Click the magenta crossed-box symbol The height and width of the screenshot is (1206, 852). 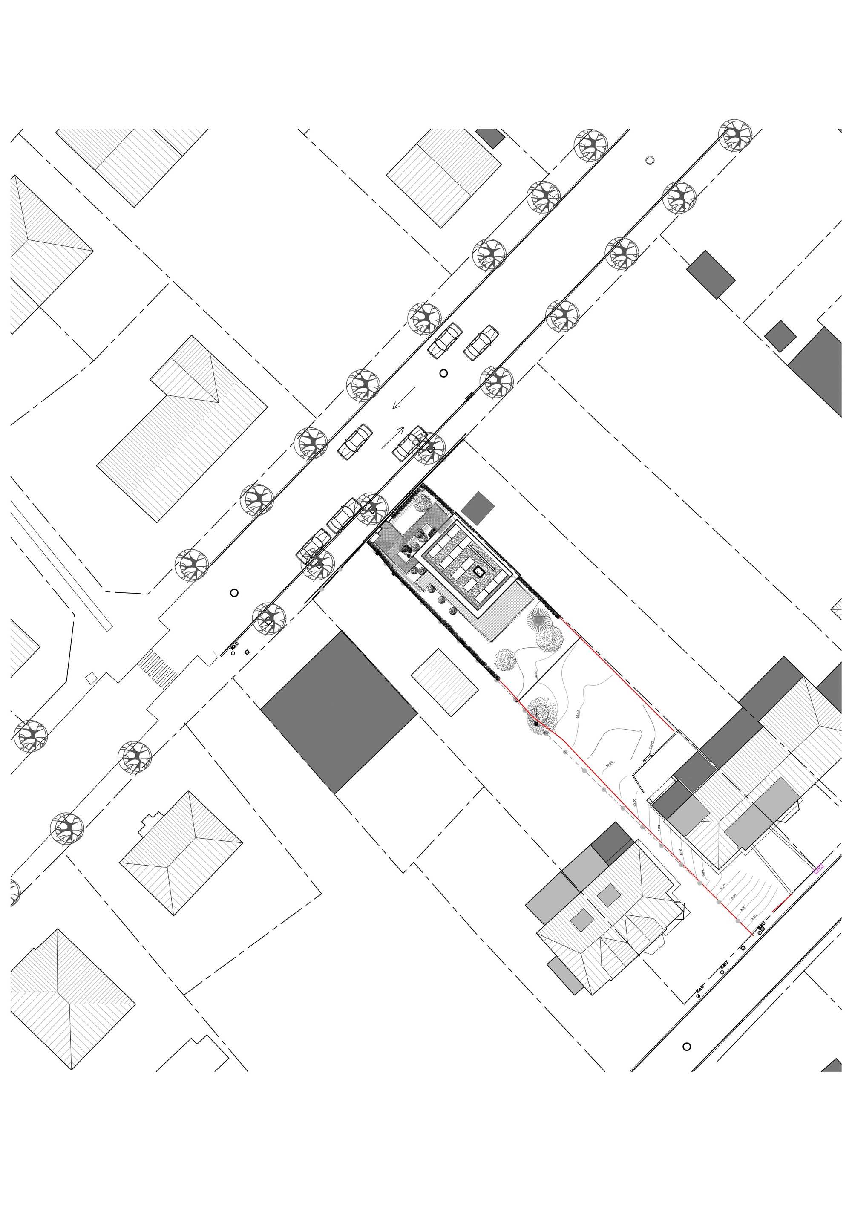click(818, 869)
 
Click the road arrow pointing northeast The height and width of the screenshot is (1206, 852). click(393, 438)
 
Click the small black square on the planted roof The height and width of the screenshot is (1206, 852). click(478, 571)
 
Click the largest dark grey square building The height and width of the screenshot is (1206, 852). click(339, 712)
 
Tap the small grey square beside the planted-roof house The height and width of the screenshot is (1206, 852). click(478, 508)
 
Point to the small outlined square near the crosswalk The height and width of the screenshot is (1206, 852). click(91, 678)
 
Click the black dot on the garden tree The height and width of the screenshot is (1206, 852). click(536, 724)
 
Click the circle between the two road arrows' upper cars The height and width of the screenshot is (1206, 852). click(443, 373)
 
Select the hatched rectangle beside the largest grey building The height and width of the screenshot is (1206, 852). click(444, 682)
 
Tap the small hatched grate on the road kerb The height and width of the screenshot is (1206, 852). click(469, 397)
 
